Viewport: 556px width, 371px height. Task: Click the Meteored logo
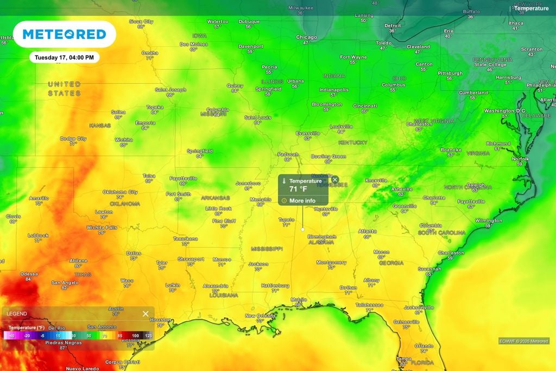[x=64, y=34]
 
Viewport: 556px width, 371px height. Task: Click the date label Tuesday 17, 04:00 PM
[x=64, y=58]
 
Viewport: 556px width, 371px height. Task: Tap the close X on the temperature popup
[x=335, y=180]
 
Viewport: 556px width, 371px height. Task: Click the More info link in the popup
[x=302, y=200]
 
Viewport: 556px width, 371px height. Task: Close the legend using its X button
[x=146, y=314]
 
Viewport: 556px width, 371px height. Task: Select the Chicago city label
[x=306, y=37]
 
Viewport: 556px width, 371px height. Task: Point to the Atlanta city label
[x=368, y=231]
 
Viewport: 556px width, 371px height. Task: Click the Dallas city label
[x=134, y=253]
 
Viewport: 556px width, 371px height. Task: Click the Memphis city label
[x=260, y=199]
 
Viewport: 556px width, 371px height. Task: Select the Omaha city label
[x=149, y=53]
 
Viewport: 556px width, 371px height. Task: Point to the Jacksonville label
[x=419, y=307]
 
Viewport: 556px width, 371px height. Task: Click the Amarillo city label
[x=39, y=198]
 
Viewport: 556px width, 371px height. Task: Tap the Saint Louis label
[x=257, y=117]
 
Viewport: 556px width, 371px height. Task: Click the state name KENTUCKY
[x=353, y=142]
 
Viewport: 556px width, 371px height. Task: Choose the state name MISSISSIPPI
[x=267, y=248]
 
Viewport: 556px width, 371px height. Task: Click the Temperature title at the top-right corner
[x=532, y=8]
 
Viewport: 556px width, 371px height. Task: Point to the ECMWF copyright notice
[x=523, y=341]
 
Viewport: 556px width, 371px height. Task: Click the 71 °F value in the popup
[x=298, y=189]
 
